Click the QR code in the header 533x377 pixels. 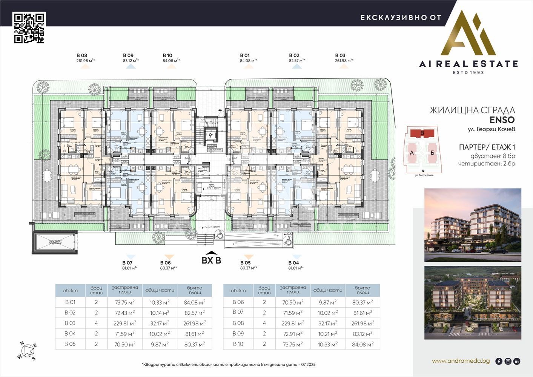(29, 28)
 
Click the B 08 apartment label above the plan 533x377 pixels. (82, 55)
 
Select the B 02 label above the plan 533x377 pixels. (294, 55)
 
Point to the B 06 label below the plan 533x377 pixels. (166, 263)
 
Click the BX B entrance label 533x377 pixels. (211, 260)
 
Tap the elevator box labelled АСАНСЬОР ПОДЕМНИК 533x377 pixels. (55, 242)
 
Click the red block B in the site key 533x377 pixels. (422, 133)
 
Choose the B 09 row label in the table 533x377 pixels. (238, 333)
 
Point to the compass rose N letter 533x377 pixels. (22, 343)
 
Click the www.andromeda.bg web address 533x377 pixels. (461, 361)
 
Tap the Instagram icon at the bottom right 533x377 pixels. (508, 361)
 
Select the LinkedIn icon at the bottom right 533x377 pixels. (517, 361)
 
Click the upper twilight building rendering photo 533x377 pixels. (473, 225)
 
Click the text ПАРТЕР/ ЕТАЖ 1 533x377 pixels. (487, 147)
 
